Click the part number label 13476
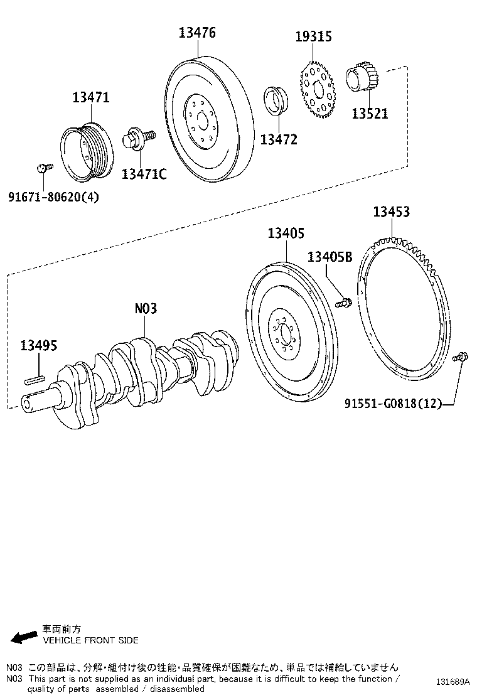(x=197, y=33)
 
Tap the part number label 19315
(x=314, y=37)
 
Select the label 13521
(x=369, y=114)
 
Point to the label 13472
(x=279, y=139)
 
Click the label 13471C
(x=144, y=174)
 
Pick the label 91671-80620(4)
(x=53, y=197)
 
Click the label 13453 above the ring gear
(x=391, y=212)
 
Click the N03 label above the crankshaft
(x=146, y=308)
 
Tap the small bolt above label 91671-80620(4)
(x=43, y=168)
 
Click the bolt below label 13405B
(x=343, y=303)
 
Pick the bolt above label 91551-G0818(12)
(x=459, y=357)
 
